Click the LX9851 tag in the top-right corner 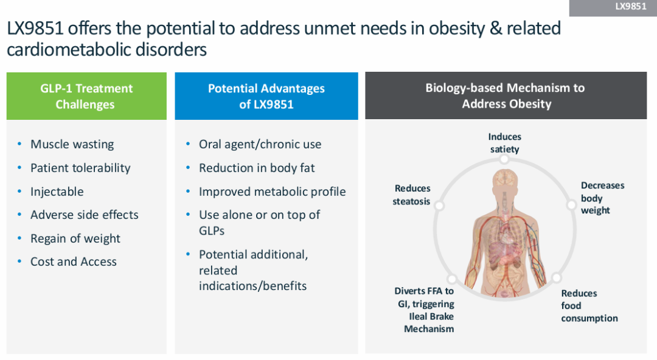(613, 7)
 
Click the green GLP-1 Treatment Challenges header (86, 96)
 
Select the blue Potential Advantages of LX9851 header (266, 96)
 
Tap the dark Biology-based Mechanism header (506, 95)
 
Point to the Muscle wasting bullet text (72, 144)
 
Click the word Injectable (57, 192)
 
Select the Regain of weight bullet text (75, 238)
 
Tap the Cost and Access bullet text (74, 261)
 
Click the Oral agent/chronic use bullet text (260, 144)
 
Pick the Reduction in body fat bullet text (257, 168)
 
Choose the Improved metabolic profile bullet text (273, 192)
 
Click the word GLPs (212, 231)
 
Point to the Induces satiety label (505, 143)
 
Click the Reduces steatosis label (412, 195)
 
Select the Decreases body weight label (602, 198)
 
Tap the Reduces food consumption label (589, 305)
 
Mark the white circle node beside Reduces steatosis (439, 206)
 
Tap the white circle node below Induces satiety (504, 159)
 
